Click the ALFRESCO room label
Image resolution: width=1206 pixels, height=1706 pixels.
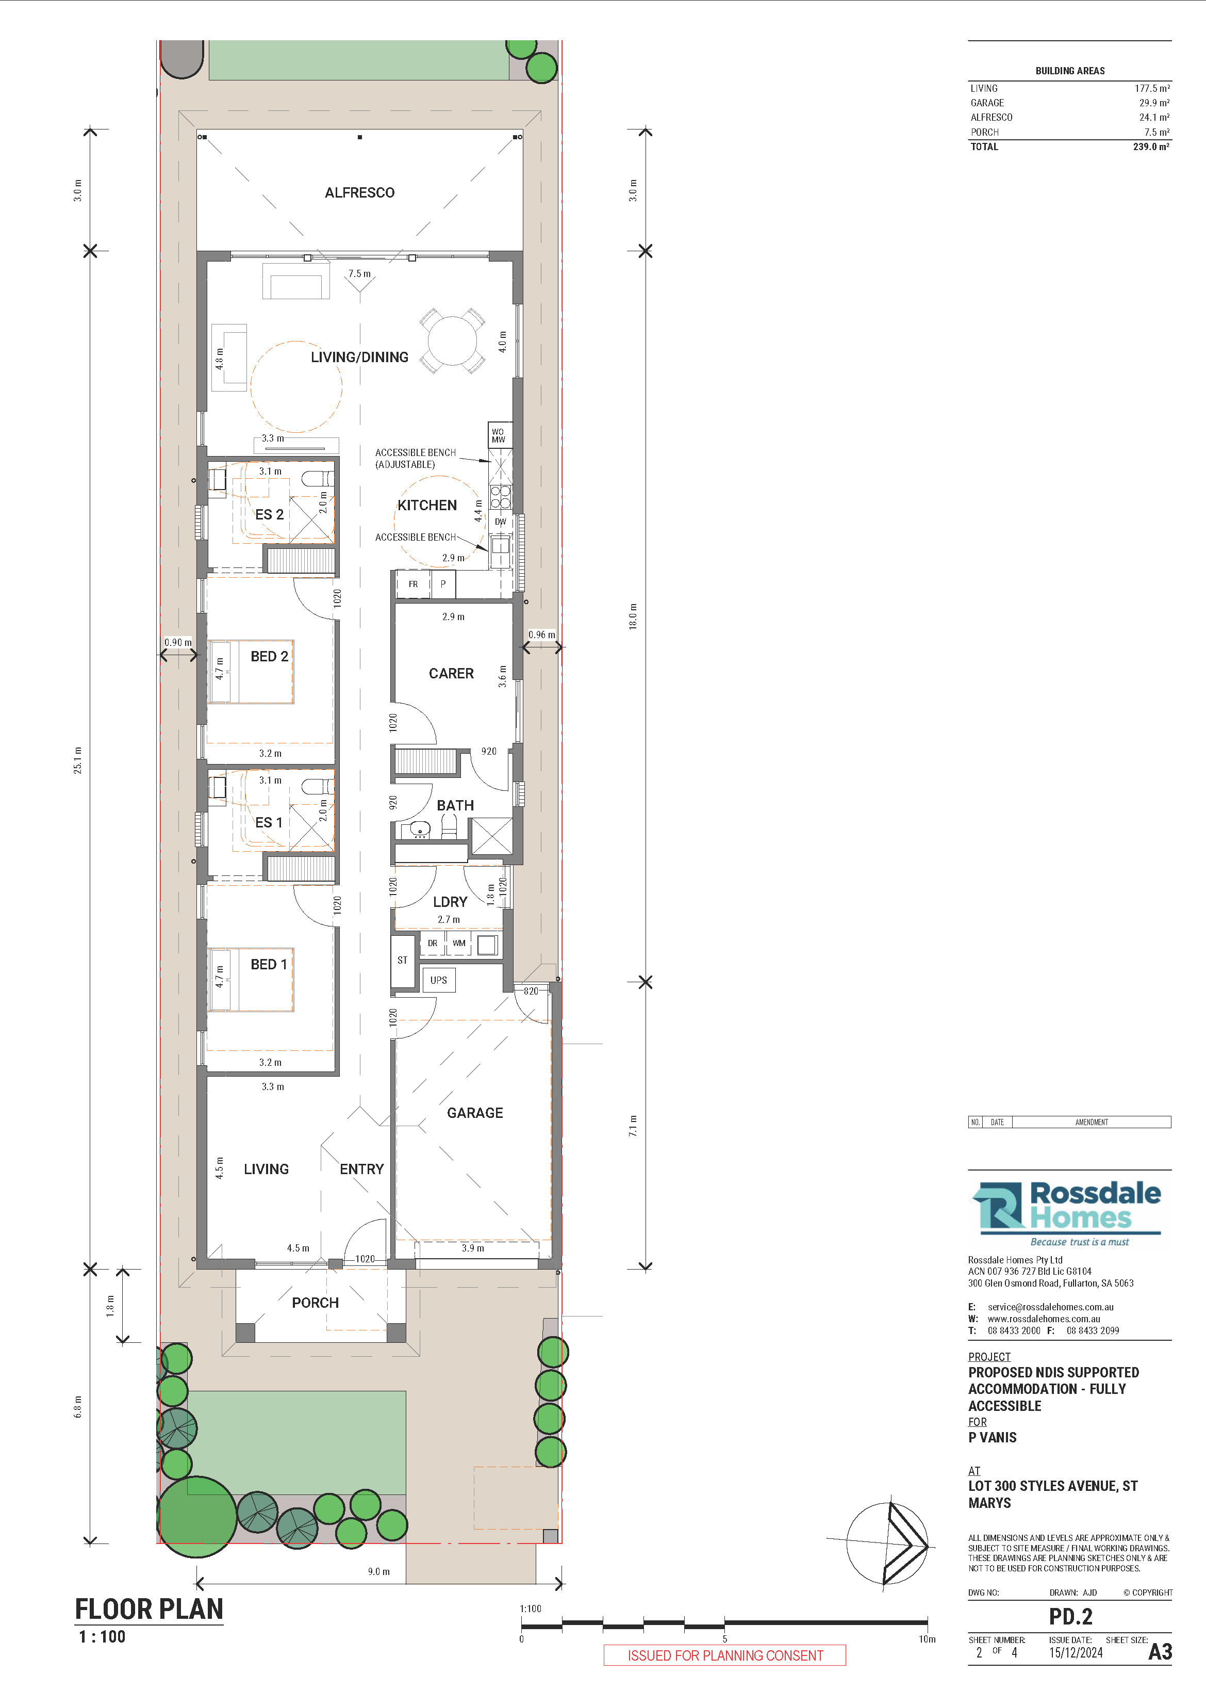(359, 192)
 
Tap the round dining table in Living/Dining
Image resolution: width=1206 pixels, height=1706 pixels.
(452, 341)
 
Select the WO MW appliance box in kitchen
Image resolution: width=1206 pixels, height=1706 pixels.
(498, 435)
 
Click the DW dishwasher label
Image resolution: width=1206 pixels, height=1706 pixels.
(501, 522)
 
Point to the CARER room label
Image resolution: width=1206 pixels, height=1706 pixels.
(451, 673)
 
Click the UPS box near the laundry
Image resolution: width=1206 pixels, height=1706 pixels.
(438, 980)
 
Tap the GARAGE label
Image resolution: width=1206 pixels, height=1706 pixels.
(474, 1112)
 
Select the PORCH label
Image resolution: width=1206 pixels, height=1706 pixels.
(315, 1303)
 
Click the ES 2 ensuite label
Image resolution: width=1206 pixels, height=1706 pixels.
(269, 514)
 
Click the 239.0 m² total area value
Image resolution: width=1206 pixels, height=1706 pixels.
(1150, 147)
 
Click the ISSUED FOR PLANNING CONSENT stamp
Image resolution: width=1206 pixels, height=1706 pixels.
(725, 1655)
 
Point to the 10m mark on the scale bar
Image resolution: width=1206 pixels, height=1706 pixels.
(927, 1639)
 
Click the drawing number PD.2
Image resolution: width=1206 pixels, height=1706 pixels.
(1070, 1617)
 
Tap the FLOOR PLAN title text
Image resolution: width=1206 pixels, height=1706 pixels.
(148, 1610)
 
